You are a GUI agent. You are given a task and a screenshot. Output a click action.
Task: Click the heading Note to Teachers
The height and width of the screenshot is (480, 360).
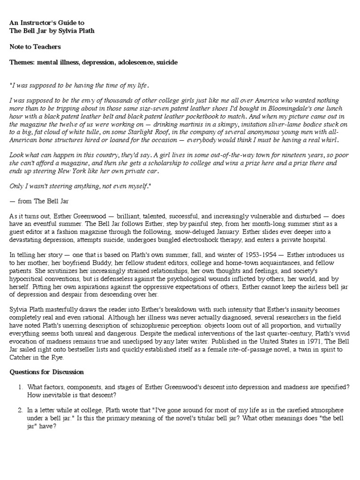pos(35,47)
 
